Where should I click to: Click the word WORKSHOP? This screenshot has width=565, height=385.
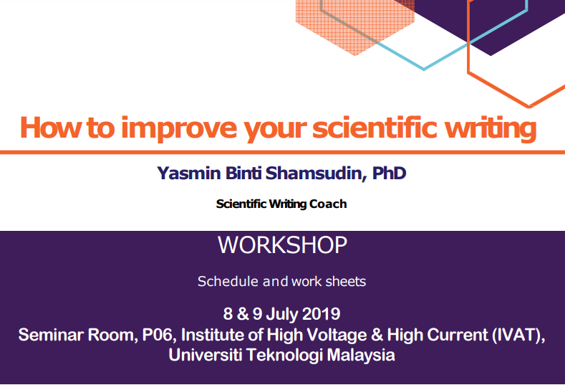pyautogui.click(x=282, y=245)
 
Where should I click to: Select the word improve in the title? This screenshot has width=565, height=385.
pyautogui.click(x=179, y=129)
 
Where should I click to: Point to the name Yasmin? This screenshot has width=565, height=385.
pyautogui.click(x=188, y=174)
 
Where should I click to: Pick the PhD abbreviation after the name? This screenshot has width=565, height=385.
pyautogui.click(x=389, y=174)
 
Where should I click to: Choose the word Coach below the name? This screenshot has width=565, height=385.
pyautogui.click(x=328, y=204)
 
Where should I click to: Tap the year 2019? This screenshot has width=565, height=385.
pyautogui.click(x=321, y=313)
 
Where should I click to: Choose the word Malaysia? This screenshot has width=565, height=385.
pyautogui.click(x=361, y=356)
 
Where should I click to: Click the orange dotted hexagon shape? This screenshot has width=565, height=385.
pyautogui.click(x=355, y=25)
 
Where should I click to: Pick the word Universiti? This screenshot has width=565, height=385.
pyautogui.click(x=206, y=355)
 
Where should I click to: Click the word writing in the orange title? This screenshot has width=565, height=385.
pyautogui.click(x=491, y=129)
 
